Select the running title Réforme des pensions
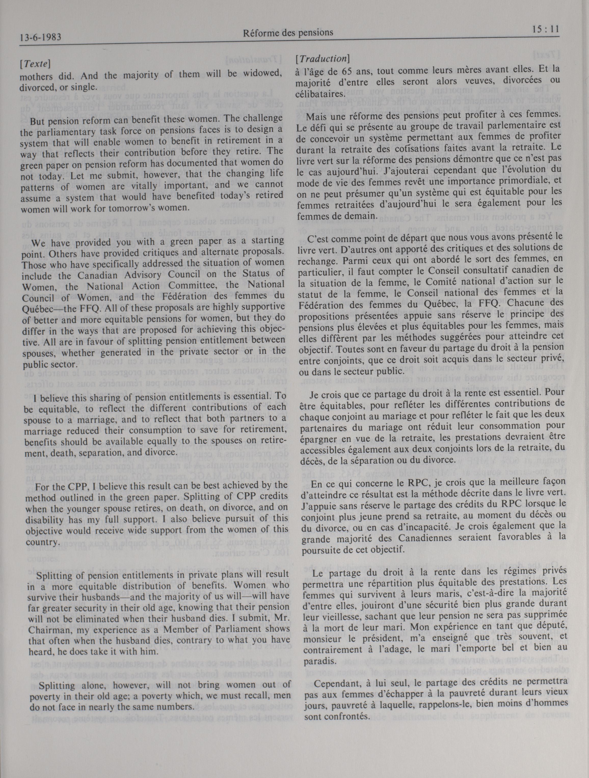point(288,33)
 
